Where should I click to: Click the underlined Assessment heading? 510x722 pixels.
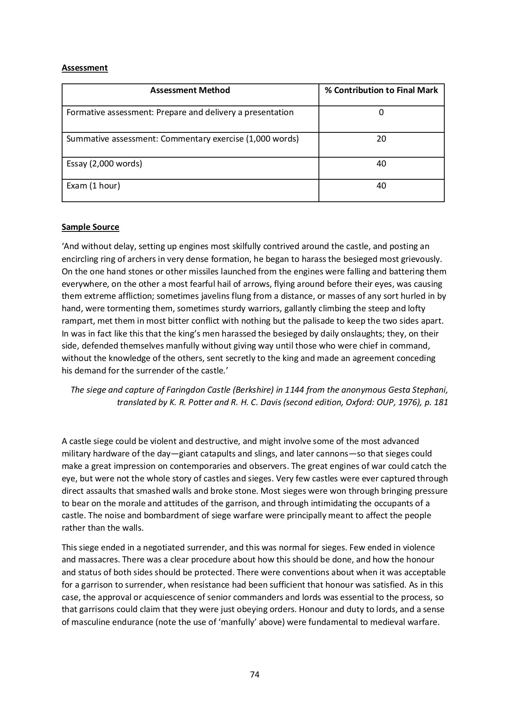85,68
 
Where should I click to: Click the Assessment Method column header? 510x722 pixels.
190,90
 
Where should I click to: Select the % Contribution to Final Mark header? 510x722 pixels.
381,90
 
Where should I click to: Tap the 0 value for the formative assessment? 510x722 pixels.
381,112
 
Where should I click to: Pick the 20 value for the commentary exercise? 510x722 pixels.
381,139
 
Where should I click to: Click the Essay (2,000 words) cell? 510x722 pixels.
104,164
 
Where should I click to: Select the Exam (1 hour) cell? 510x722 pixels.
93,186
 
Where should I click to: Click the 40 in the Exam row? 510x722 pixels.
381,186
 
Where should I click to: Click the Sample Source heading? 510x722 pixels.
90,227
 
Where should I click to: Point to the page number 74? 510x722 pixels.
255,675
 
